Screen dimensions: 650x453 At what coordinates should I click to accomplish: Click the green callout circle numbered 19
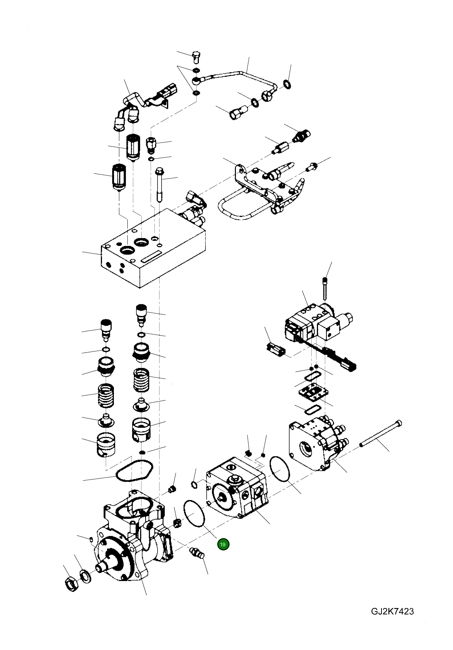(x=223, y=544)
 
